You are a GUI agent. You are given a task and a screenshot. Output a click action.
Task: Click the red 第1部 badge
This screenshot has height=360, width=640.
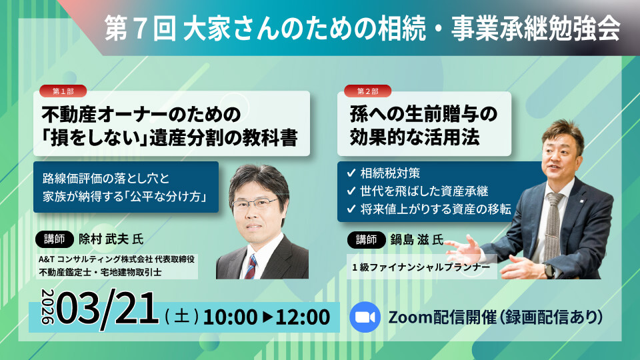63,91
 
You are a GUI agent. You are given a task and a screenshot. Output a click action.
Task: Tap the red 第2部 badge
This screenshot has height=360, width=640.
367,91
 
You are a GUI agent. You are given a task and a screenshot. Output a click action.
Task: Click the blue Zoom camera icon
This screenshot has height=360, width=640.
364,316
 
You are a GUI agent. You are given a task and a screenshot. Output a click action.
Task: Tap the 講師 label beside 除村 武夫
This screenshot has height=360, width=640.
55,239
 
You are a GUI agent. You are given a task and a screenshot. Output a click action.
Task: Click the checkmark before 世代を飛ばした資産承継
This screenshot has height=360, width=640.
351,191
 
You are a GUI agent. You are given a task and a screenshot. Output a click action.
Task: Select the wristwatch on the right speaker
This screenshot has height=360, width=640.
548,270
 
